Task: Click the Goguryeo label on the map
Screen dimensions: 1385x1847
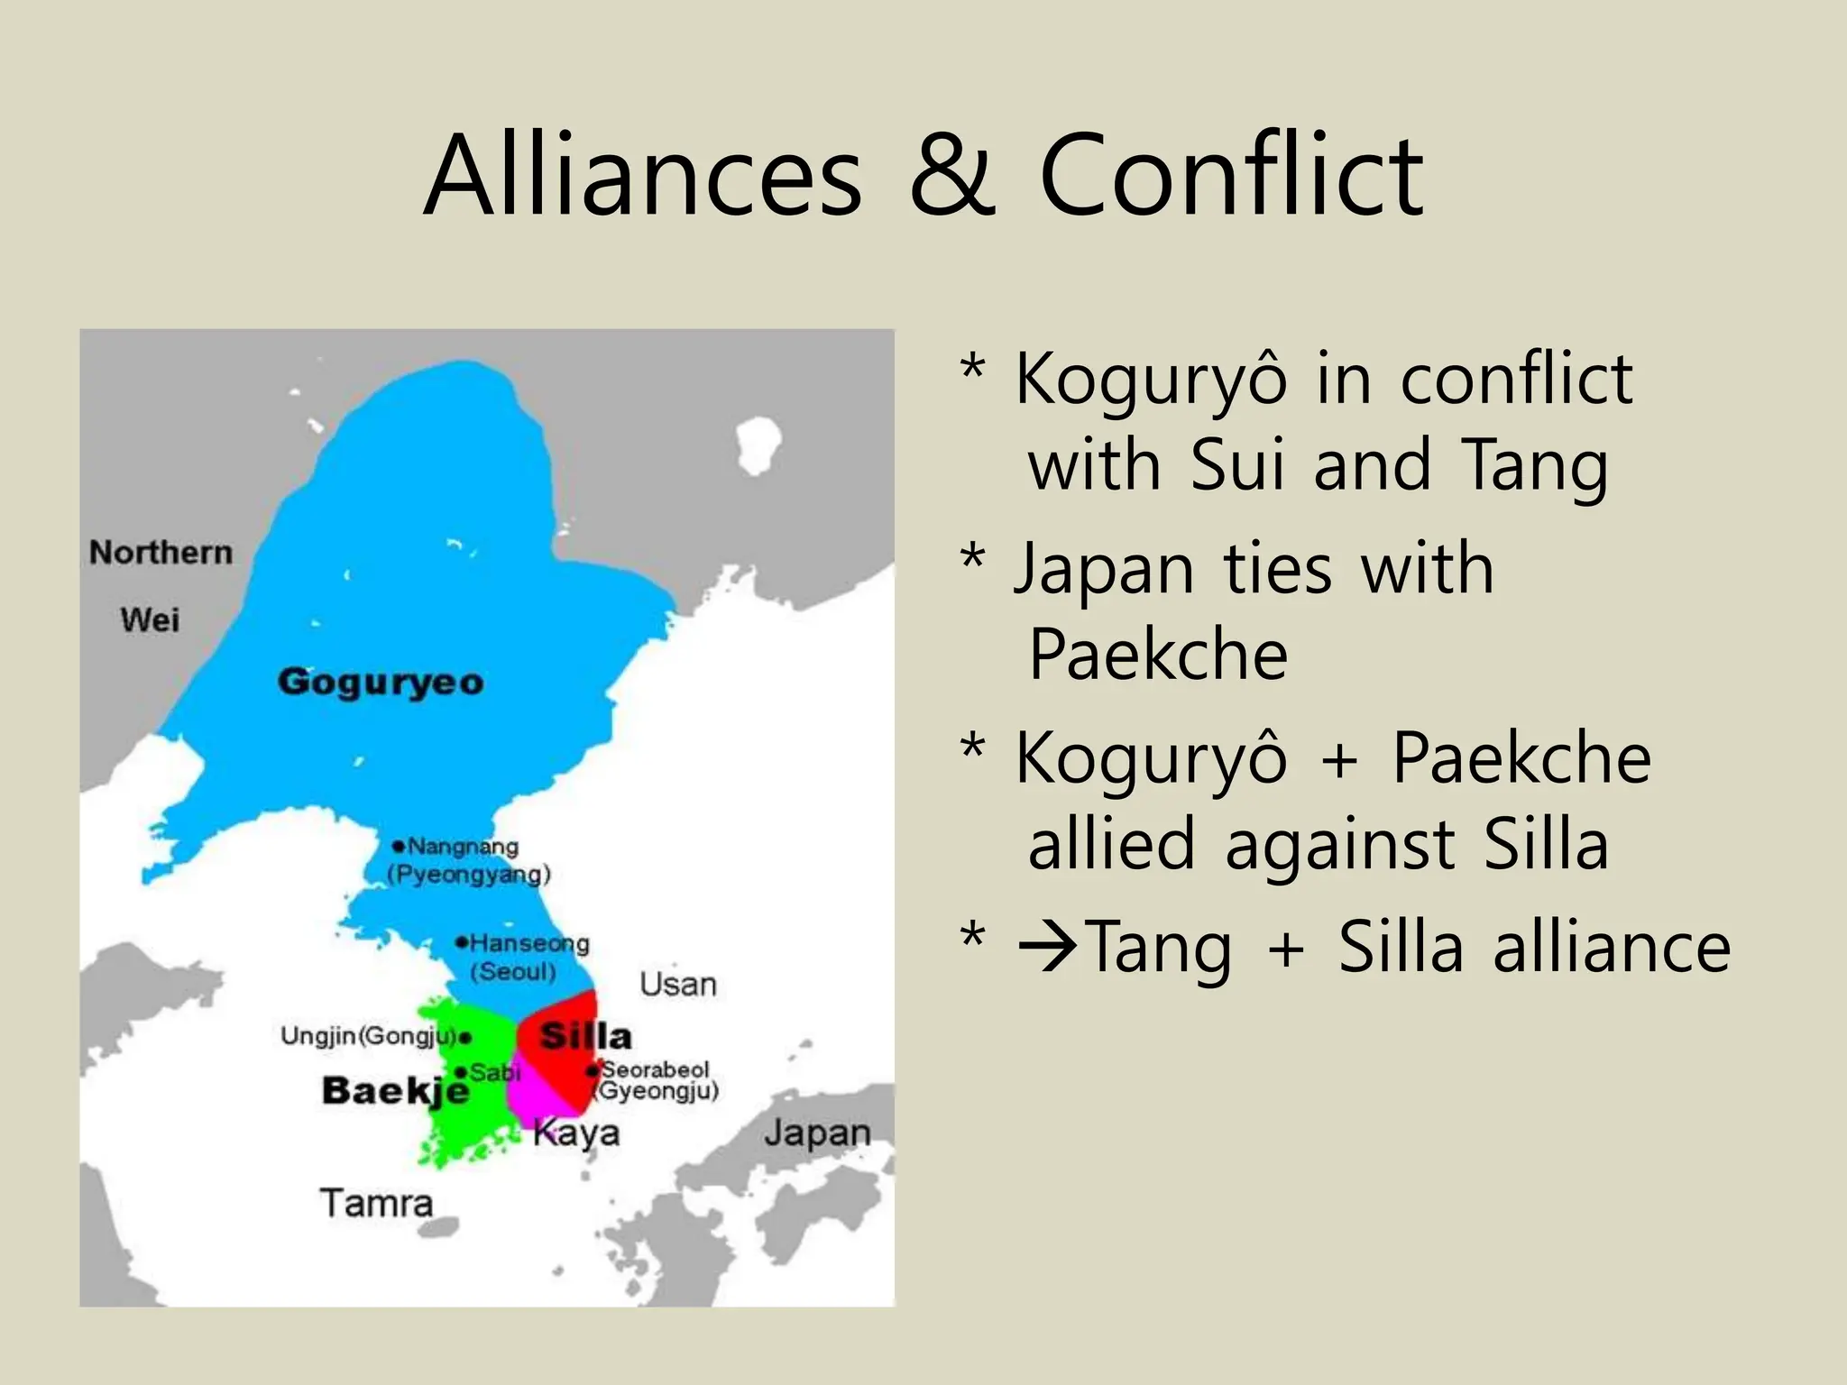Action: click(x=380, y=682)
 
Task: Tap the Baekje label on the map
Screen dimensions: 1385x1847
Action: click(x=395, y=1091)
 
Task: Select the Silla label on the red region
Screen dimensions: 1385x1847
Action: click(x=584, y=1036)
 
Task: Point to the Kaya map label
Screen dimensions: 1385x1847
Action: click(x=576, y=1133)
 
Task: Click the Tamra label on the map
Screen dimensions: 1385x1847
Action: click(x=376, y=1204)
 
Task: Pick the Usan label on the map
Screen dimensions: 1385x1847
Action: click(x=678, y=984)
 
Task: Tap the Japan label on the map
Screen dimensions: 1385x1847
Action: click(x=817, y=1133)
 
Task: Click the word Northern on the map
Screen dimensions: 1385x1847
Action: click(x=161, y=552)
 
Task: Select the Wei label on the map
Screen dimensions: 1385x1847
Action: click(x=150, y=619)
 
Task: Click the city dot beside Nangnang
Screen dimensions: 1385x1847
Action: click(x=398, y=846)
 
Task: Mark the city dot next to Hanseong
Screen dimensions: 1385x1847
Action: click(x=461, y=943)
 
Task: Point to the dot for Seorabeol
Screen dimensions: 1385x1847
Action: click(x=592, y=1071)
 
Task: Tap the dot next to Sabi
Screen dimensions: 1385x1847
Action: click(x=461, y=1072)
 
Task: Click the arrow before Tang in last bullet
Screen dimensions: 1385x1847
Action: click(x=1049, y=947)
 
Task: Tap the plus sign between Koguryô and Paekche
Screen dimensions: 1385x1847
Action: click(x=1339, y=759)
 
